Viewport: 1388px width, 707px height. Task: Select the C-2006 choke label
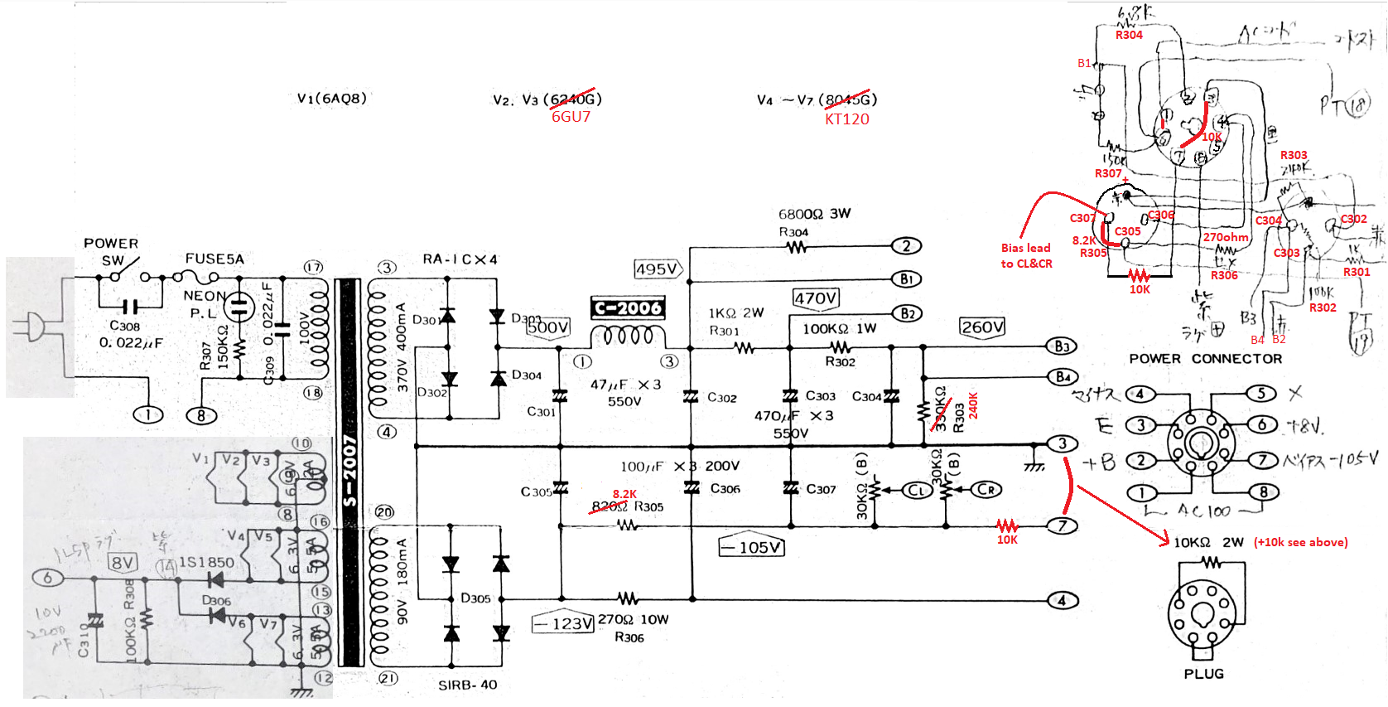[628, 308]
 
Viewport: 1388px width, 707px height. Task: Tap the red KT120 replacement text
[846, 119]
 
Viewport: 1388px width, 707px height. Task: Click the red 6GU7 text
[571, 117]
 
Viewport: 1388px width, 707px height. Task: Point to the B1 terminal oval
[906, 279]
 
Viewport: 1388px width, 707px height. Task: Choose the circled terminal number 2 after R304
[906, 245]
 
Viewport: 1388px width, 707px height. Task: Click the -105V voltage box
[751, 547]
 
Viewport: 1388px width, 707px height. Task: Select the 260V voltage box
[982, 327]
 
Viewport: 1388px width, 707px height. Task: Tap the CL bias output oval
[916, 490]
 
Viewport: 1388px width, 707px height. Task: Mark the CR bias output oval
[986, 490]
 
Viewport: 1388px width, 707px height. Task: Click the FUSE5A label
[214, 259]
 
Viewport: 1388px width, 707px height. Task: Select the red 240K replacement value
[973, 405]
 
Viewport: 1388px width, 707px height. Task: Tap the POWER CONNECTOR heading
[1205, 359]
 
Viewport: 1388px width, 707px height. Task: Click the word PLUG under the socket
[1203, 674]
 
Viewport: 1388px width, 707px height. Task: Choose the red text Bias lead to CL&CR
[1026, 255]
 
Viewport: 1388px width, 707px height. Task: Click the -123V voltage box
[563, 623]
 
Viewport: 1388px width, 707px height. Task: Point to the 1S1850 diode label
[206, 562]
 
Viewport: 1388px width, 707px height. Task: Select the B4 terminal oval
[1063, 377]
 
